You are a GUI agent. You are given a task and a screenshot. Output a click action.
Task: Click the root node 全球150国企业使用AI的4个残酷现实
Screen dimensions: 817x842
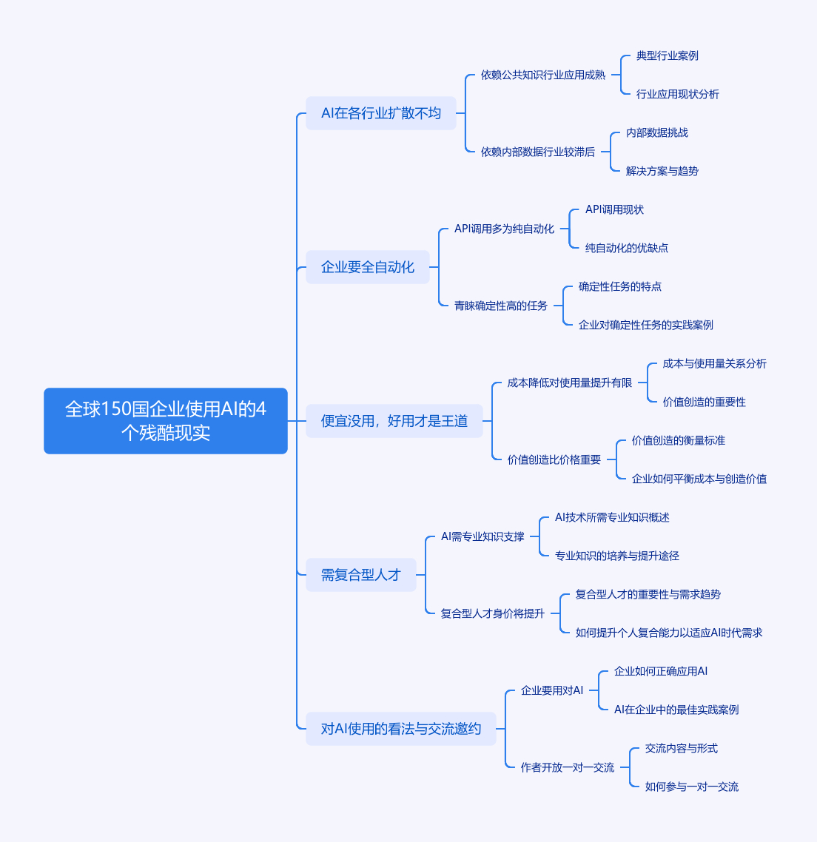pyautogui.click(x=166, y=421)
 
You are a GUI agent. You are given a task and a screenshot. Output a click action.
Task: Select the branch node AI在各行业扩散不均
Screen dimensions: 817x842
pyautogui.click(x=381, y=113)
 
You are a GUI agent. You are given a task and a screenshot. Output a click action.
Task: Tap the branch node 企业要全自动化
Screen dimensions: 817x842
pyautogui.click(x=367, y=267)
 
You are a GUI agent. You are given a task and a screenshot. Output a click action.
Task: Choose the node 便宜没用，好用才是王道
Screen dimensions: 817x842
pyautogui.click(x=394, y=421)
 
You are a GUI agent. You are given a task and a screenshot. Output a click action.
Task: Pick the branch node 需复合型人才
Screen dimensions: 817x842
pyautogui.click(x=361, y=575)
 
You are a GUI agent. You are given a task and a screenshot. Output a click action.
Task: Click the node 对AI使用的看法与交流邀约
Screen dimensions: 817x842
pyautogui.click(x=400, y=729)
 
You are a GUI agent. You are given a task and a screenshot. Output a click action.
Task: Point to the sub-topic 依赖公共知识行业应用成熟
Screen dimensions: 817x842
pyautogui.click(x=543, y=75)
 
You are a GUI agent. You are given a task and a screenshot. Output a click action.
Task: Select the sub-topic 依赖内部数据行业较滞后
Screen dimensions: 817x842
pyautogui.click(x=538, y=152)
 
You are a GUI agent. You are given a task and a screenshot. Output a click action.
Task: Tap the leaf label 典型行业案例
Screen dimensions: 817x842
pyautogui.click(x=667, y=55)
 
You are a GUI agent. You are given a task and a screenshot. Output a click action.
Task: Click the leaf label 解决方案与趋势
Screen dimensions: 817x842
pyautogui.click(x=662, y=172)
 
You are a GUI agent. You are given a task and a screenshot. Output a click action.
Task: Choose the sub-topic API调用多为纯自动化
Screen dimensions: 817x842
pyautogui.click(x=505, y=229)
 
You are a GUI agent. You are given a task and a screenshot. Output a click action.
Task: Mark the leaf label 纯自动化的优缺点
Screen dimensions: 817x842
pyautogui.click(x=626, y=248)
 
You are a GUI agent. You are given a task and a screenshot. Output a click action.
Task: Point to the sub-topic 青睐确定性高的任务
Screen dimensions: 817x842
pyautogui.click(x=500, y=306)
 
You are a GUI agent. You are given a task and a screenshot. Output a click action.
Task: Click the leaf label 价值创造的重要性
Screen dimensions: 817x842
pyautogui.click(x=704, y=403)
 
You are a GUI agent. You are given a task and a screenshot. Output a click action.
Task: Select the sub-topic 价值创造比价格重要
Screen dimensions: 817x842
pyautogui.click(x=554, y=459)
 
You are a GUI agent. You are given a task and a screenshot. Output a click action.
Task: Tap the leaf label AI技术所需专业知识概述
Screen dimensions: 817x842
pyautogui.click(x=612, y=518)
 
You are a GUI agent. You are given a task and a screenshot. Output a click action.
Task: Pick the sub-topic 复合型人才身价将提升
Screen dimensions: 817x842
pyautogui.click(x=493, y=614)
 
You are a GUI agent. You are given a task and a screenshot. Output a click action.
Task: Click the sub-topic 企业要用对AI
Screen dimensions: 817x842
pyautogui.click(x=551, y=690)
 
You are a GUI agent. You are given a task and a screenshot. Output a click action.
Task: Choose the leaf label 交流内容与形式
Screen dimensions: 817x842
pyautogui.click(x=681, y=749)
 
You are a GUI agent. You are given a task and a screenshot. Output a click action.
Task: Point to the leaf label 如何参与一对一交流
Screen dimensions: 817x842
pyautogui.click(x=691, y=787)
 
